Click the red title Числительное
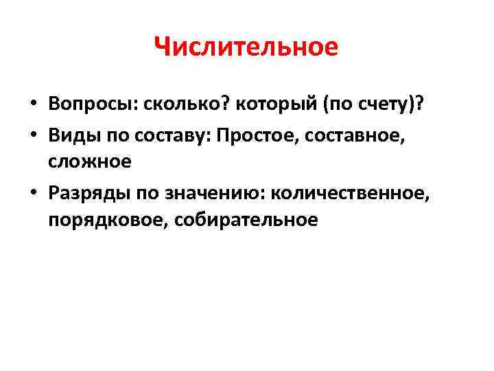click(246, 47)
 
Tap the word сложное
click(89, 161)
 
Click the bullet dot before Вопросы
click(33, 104)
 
